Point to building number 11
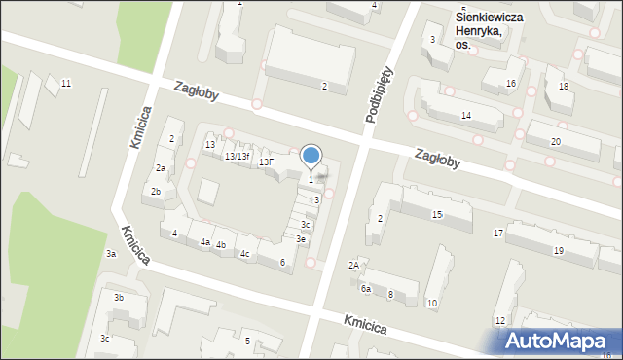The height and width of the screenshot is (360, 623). pyautogui.click(x=65, y=84)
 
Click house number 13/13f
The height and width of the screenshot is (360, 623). pyautogui.click(x=237, y=157)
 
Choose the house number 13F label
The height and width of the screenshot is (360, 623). pyautogui.click(x=266, y=162)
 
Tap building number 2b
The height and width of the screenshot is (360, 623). pyautogui.click(x=156, y=192)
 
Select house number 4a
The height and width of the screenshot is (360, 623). pyautogui.click(x=204, y=241)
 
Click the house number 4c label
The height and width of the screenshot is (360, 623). pyautogui.click(x=245, y=255)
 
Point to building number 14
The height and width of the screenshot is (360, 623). pyautogui.click(x=466, y=116)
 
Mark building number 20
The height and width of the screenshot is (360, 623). pyautogui.click(x=555, y=142)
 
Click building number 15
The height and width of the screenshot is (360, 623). pyautogui.click(x=437, y=214)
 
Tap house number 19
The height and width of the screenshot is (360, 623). pyautogui.click(x=559, y=251)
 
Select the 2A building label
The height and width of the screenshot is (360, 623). pyautogui.click(x=354, y=265)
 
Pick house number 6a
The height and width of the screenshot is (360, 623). pyautogui.click(x=366, y=289)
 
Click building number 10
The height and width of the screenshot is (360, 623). pyautogui.click(x=432, y=304)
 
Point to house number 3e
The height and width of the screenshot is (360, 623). pyautogui.click(x=302, y=239)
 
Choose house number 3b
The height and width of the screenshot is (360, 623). pyautogui.click(x=118, y=298)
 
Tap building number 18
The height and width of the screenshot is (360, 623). pyautogui.click(x=563, y=87)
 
